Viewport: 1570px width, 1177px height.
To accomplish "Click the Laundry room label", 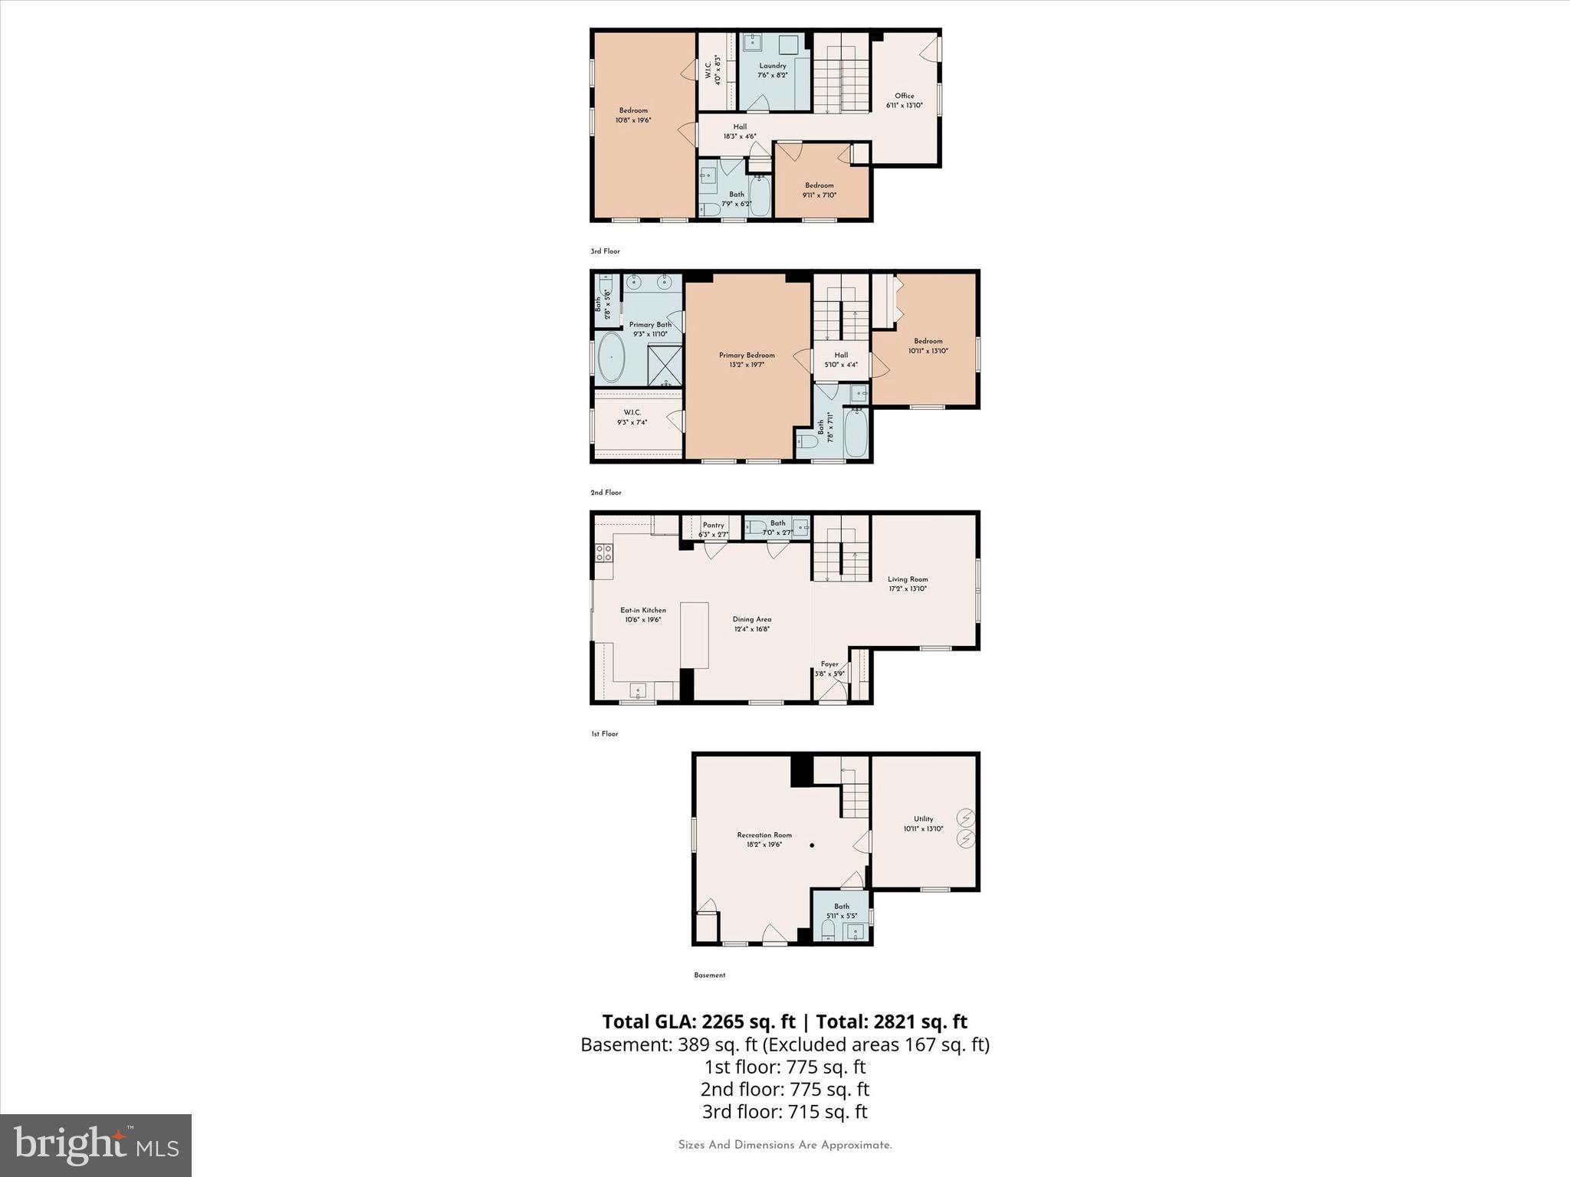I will point(773,67).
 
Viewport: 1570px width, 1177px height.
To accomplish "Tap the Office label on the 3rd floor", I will point(905,97).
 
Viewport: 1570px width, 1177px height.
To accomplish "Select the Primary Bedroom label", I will point(747,356).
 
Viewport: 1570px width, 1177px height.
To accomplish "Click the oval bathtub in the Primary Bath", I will point(611,358).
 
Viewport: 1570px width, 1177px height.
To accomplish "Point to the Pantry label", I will point(713,526).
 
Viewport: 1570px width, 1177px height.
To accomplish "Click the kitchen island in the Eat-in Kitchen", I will point(695,635).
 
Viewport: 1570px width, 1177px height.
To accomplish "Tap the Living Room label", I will point(908,580).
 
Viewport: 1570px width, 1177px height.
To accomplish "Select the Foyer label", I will point(829,664).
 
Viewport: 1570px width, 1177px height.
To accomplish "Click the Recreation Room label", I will point(764,835).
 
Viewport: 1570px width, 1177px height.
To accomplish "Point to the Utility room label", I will point(923,819).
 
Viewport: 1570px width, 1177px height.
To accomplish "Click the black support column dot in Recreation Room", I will point(813,846).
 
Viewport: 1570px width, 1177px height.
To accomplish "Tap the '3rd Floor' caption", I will point(605,251).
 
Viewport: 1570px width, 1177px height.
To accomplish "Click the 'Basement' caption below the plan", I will point(709,975).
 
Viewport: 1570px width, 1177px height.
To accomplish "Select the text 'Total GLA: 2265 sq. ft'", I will point(698,1021).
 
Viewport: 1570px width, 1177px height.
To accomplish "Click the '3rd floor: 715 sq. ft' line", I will point(784,1112).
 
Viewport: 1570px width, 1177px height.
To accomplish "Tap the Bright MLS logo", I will point(96,1146).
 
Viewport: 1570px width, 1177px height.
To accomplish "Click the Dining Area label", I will point(751,619).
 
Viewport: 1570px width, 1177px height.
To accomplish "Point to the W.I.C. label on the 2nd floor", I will point(632,413).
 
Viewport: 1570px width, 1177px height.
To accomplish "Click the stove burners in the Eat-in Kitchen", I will point(603,552).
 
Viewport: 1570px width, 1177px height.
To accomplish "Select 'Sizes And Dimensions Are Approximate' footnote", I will point(785,1145).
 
